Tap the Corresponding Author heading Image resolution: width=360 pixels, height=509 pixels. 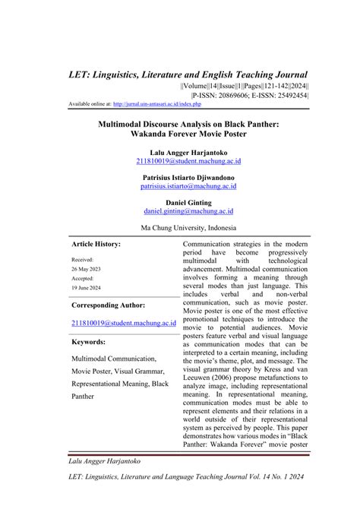point(109,305)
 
